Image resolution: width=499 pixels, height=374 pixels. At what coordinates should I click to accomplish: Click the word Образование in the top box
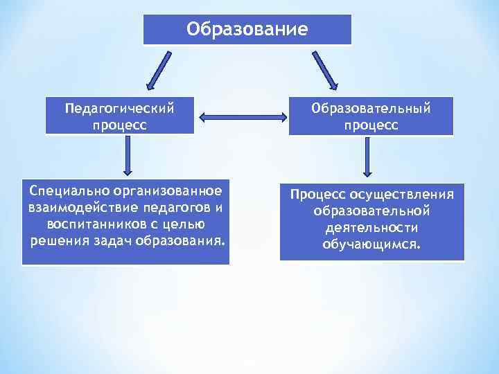point(247,30)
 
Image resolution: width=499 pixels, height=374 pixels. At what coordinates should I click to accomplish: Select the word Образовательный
point(371,109)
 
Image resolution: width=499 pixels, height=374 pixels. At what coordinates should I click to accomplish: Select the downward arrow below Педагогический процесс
point(128,156)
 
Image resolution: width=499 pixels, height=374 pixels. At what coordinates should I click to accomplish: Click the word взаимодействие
point(78,207)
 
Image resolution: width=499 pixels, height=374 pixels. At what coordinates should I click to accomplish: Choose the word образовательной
point(371,211)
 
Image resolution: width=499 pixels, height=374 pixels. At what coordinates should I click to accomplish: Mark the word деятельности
point(371,227)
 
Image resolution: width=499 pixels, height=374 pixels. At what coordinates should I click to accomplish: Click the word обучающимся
point(371,244)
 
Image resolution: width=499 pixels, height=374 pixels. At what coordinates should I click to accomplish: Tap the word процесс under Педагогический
point(119,125)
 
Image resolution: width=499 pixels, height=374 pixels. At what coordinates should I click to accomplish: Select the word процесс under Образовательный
point(371,125)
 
